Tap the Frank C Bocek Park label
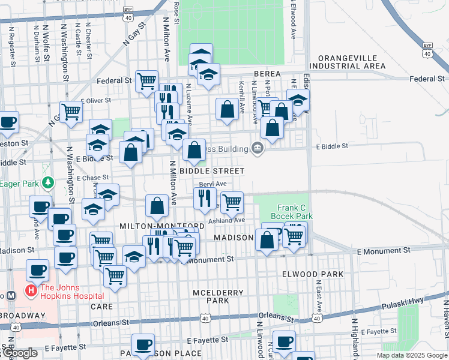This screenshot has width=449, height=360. pyautogui.click(x=292, y=211)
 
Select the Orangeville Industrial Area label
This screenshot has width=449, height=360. pyautogui.click(x=347, y=61)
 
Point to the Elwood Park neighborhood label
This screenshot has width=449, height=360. pyautogui.click(x=312, y=274)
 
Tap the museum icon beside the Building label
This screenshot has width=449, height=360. pyautogui.click(x=258, y=148)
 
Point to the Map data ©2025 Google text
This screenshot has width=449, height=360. pyautogui.click(x=411, y=355)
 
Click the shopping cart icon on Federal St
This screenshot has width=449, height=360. pyautogui.click(x=146, y=80)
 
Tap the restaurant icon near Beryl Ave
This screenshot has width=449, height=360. pyautogui.click(x=205, y=196)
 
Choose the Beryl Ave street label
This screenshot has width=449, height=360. pyautogui.click(x=212, y=184)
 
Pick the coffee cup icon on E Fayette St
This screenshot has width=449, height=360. pyautogui.click(x=143, y=344)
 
